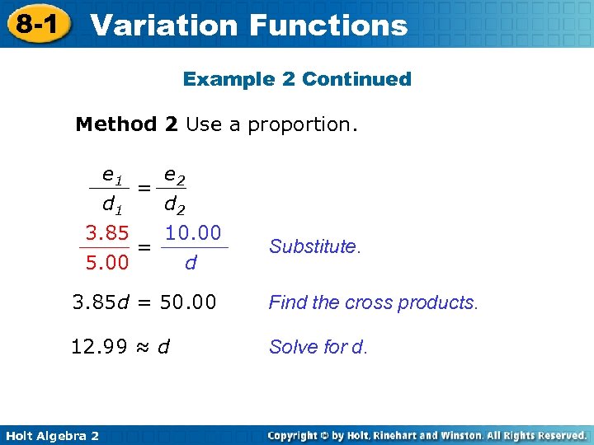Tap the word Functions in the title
(328, 25)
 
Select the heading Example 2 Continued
(297, 79)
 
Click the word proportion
(304, 124)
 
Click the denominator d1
(111, 203)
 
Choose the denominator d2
(174, 203)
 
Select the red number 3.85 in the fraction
(106, 233)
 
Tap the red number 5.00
(106, 264)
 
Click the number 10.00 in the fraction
(193, 233)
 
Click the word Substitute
(314, 246)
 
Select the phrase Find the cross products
(373, 302)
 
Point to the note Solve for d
(318, 347)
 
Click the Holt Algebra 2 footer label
(51, 435)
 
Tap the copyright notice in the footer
(427, 435)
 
